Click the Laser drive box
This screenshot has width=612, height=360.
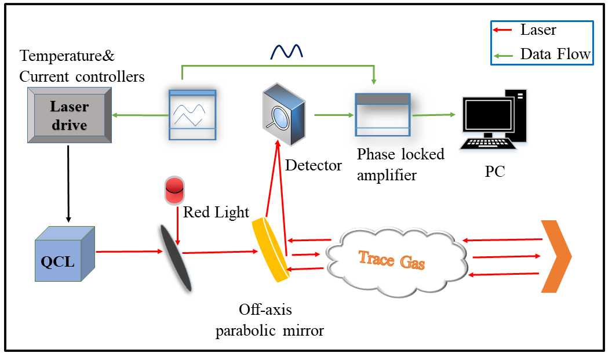coord(69,115)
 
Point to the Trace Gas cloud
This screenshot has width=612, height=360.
coord(394,259)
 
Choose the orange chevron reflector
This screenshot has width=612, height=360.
coord(555,256)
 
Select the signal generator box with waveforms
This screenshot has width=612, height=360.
coord(192,115)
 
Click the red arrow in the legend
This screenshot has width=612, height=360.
coord(504,29)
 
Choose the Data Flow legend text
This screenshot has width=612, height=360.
coord(555,54)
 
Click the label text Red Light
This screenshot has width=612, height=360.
coord(216,212)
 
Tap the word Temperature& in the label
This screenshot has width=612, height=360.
coord(67,57)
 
